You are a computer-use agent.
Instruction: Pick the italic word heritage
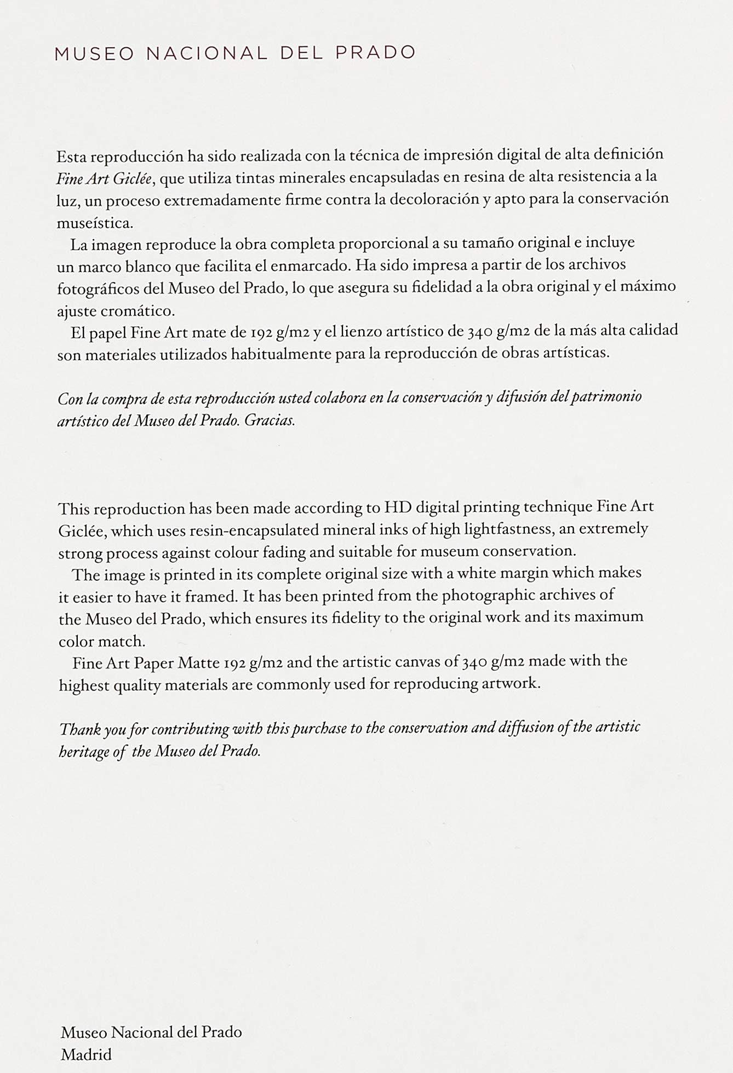coord(83,752)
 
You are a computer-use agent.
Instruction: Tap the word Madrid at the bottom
coord(86,1054)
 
